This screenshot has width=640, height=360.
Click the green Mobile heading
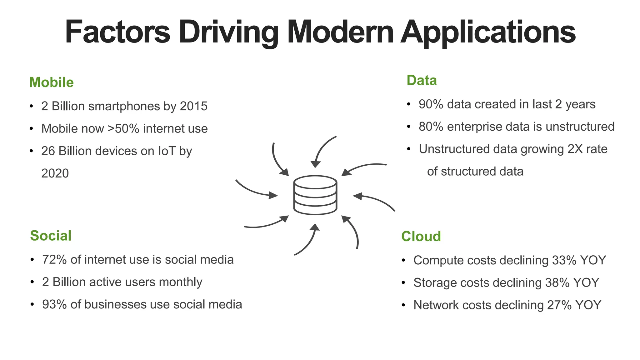pyautogui.click(x=52, y=82)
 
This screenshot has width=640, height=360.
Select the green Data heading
pyautogui.click(x=422, y=81)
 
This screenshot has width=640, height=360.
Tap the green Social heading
pyautogui.click(x=51, y=236)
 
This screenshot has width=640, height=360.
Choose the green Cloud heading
pyautogui.click(x=421, y=237)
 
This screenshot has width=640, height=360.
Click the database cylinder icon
pyautogui.click(x=315, y=195)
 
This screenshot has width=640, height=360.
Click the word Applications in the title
pyautogui.click(x=488, y=32)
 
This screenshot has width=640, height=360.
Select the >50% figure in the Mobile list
pyautogui.click(x=123, y=129)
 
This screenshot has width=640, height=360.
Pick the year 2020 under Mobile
pyautogui.click(x=55, y=173)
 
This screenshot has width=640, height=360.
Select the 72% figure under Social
pyautogui.click(x=54, y=260)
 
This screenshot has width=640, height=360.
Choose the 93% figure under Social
pyautogui.click(x=54, y=305)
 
